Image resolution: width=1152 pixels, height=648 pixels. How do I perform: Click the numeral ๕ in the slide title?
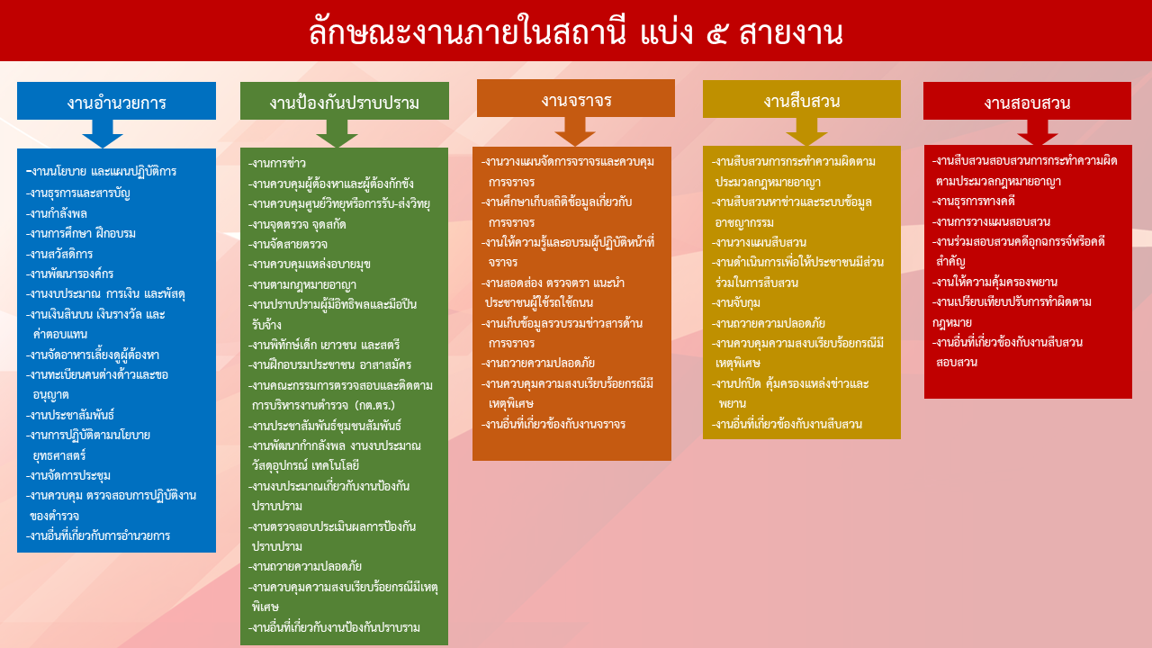711,34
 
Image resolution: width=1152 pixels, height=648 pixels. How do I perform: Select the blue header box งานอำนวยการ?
116,101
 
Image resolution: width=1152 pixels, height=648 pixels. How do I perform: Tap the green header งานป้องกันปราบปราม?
344,102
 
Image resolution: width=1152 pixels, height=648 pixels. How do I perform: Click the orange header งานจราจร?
576,99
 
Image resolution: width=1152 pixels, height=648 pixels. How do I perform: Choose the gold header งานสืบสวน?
801,100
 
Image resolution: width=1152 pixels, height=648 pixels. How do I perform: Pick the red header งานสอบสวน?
1027,102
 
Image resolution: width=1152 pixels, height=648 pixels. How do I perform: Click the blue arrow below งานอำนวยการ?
102,133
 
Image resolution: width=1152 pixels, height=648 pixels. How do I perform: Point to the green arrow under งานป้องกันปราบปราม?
337,133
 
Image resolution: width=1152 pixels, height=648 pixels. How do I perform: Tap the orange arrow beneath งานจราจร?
575,131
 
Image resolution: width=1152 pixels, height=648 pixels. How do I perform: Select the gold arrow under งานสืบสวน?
806,131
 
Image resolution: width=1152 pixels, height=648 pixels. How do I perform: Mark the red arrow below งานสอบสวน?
1037,132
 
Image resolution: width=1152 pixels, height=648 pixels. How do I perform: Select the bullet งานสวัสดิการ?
60,254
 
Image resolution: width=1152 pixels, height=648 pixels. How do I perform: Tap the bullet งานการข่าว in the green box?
278,163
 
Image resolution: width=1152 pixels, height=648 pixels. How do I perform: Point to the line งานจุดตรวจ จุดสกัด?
299,223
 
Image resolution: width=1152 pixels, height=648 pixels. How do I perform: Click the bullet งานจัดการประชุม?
70,475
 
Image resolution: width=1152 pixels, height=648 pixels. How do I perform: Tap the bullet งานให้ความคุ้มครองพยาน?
994,281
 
